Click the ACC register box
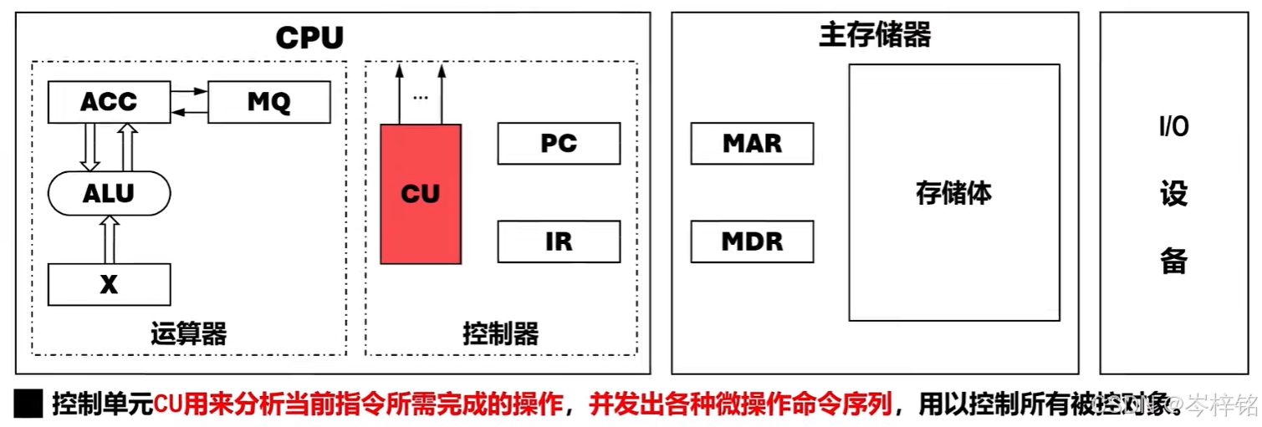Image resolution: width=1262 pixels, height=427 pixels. [109, 102]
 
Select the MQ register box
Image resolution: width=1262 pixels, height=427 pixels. [268, 102]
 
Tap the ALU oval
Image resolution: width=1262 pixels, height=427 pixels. [109, 193]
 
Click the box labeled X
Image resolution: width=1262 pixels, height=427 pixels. [109, 284]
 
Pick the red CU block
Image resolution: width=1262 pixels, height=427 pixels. [420, 194]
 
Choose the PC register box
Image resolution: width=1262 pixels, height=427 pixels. [559, 144]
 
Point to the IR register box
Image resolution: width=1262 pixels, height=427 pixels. [559, 241]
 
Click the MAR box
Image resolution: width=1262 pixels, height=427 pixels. [752, 144]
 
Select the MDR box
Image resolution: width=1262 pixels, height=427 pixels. [752, 241]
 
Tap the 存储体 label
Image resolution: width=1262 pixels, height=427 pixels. [953, 193]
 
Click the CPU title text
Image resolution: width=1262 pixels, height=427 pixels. [309, 38]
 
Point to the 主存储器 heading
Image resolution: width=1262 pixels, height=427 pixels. [875, 35]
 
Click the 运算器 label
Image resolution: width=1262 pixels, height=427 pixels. [189, 334]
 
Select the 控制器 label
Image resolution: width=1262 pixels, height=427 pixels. [500, 334]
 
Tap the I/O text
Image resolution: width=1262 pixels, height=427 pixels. [1173, 127]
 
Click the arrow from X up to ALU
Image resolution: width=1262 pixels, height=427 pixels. [109, 238]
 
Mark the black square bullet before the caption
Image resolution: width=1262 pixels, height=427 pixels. [28, 404]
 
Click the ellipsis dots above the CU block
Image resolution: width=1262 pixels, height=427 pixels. [420, 98]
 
